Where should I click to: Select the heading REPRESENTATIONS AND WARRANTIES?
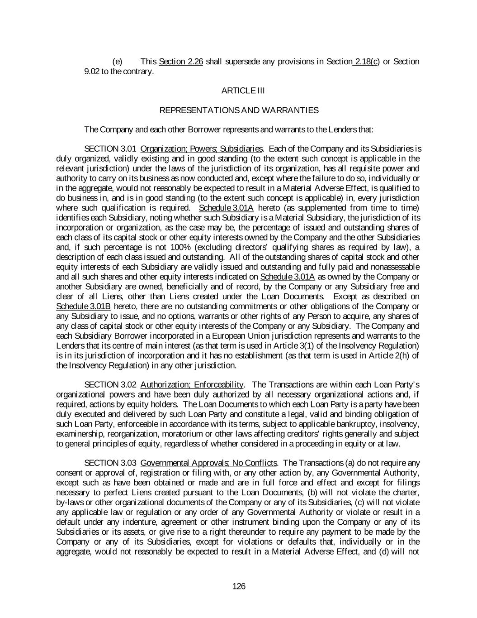click(239, 110)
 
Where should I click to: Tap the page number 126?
click(239, 586)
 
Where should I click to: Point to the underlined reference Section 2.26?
click(181, 62)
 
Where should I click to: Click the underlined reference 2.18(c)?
click(367, 62)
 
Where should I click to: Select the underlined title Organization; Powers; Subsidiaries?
click(202, 149)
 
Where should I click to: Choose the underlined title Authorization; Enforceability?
click(192, 385)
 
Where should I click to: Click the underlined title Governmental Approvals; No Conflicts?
click(209, 463)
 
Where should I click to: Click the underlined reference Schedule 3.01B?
click(83, 307)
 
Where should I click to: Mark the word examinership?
click(78, 434)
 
